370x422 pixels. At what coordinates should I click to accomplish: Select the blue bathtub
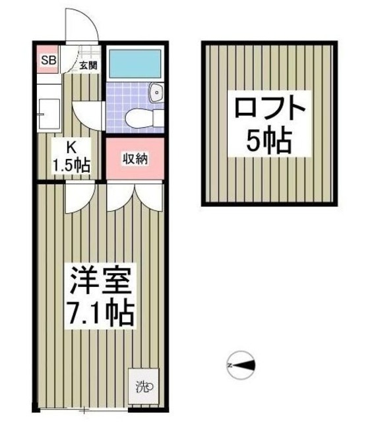tap(135, 65)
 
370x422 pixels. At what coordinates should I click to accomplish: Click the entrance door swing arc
tap(83, 25)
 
